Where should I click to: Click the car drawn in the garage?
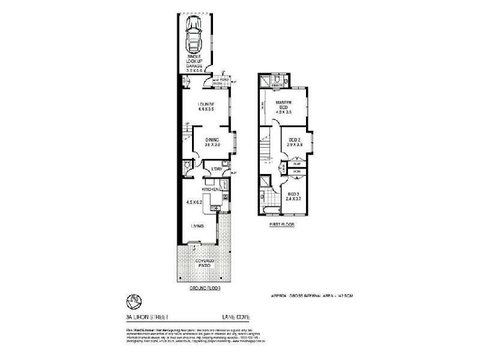point(194,35)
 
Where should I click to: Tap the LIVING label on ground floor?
point(197,226)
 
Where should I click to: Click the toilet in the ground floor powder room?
point(188,164)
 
